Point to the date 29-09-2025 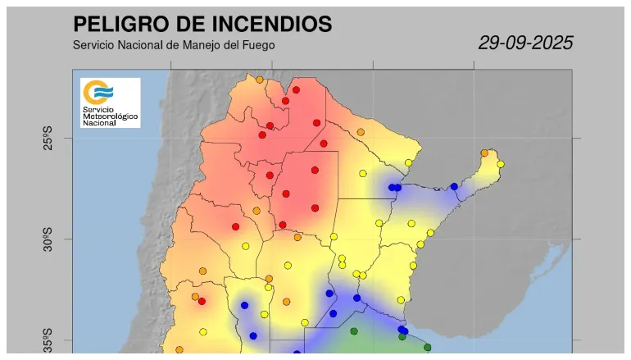coord(525,43)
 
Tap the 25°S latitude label coord(48,138)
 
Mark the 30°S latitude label coord(48,239)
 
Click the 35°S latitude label coord(48,340)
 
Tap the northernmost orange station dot coord(259,80)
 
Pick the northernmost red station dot coord(296,90)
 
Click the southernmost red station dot coord(202,301)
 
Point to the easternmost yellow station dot coord(500,164)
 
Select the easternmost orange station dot coord(484,153)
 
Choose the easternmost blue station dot coord(454,186)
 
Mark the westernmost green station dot coord(354,331)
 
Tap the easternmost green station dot coord(427,347)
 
